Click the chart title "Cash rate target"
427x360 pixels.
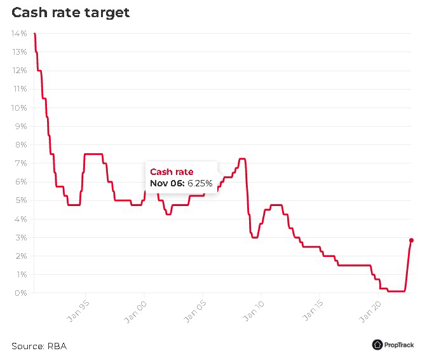coord(71,13)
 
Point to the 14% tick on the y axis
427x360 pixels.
coord(18,34)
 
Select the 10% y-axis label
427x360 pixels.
coord(18,107)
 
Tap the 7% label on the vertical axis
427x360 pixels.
coord(20,163)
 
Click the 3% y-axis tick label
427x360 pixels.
coord(20,237)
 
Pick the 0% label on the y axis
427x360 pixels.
coord(20,293)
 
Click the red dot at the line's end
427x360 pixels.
coord(411,240)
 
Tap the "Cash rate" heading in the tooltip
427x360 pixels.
coord(172,172)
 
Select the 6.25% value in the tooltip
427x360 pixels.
coord(200,183)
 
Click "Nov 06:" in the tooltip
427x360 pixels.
coord(167,183)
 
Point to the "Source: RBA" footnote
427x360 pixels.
coord(39,346)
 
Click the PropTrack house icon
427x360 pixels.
coord(377,345)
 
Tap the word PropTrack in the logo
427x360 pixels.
coord(399,345)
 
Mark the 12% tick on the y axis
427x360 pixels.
coord(18,71)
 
